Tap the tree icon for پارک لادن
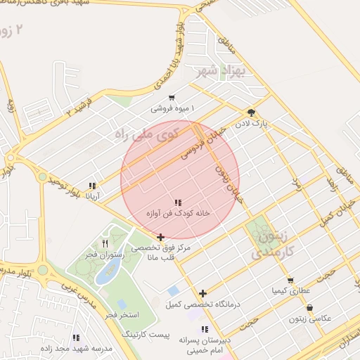click(x=251, y=112)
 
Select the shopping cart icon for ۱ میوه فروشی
click(x=172, y=98)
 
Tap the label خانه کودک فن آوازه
click(x=178, y=212)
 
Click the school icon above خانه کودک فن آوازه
click(x=178, y=202)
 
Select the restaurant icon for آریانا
click(x=92, y=186)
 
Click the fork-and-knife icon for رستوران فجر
click(x=105, y=243)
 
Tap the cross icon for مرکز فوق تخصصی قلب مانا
click(x=161, y=238)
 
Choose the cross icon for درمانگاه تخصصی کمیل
click(x=203, y=293)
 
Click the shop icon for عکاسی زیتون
click(x=310, y=307)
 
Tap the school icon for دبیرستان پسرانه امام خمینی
click(x=205, y=328)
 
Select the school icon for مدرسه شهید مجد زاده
click(x=76, y=337)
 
